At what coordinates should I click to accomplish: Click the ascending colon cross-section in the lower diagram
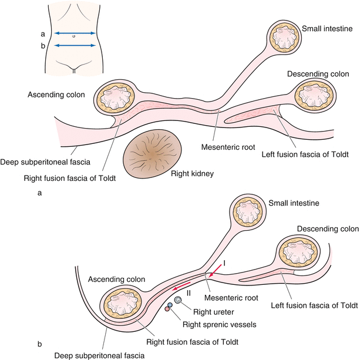[x=122, y=302]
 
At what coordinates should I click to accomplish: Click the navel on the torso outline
[x=73, y=37]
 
